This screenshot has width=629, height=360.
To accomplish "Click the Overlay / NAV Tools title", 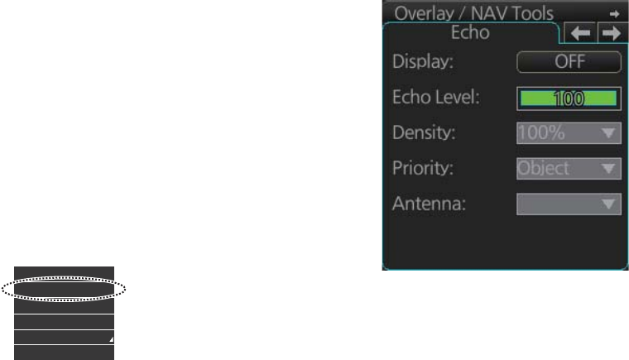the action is click(485, 12).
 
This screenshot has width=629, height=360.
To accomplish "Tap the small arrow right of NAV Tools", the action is click(614, 13).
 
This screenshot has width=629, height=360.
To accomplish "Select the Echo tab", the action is click(470, 33).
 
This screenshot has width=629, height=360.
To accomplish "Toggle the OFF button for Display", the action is click(569, 62).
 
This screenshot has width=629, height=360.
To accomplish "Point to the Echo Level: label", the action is click(435, 98).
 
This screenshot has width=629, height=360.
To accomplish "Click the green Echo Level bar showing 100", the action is click(569, 98).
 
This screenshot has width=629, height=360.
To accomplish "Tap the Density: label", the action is click(423, 132).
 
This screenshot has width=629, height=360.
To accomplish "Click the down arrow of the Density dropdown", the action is click(609, 133).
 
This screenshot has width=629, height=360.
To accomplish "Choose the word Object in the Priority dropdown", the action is click(544, 168).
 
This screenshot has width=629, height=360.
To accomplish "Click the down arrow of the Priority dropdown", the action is click(609, 169).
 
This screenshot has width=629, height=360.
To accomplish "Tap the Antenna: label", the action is click(429, 204).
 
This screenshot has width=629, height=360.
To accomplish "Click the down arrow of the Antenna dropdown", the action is click(609, 204).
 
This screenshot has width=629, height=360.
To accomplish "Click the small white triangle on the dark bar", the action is click(110, 340).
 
